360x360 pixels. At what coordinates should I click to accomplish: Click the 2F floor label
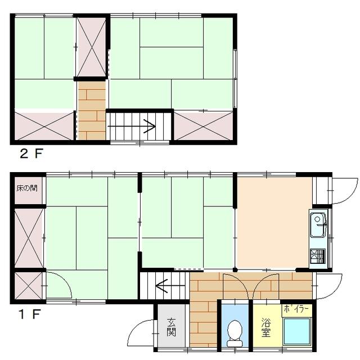[x=31, y=154]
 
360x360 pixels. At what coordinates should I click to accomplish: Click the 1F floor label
[x=30, y=314]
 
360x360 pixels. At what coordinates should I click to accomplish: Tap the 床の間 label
[x=27, y=188]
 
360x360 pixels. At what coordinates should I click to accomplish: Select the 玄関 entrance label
[x=171, y=327]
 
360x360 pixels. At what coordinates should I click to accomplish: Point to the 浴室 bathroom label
[x=266, y=327]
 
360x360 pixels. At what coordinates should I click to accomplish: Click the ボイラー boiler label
[x=296, y=309]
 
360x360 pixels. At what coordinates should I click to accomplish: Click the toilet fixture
[x=235, y=333]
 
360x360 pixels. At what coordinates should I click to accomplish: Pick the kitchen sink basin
[x=318, y=225]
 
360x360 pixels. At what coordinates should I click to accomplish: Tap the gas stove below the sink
[x=318, y=256]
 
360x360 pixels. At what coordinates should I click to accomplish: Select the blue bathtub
[x=297, y=331]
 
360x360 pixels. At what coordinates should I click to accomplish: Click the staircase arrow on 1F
[x=170, y=286]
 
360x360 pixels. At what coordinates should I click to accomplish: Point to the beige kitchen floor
[x=273, y=222]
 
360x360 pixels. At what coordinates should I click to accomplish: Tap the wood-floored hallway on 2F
[x=92, y=111]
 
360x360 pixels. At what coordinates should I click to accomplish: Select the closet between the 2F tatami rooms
[x=91, y=47]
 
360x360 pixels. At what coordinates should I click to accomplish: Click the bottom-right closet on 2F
[x=204, y=126]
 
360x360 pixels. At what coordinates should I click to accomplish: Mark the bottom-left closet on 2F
[x=44, y=126]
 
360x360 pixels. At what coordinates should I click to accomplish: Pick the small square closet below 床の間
[x=29, y=285]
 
